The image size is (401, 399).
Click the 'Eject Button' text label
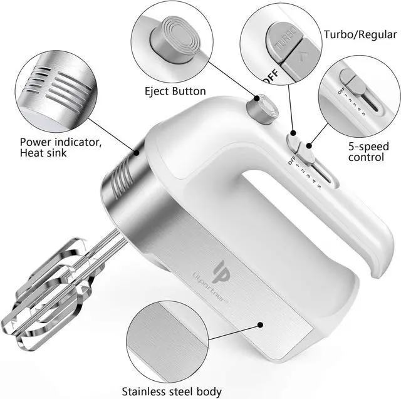pos(175,91)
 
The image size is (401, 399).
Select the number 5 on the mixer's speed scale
pos(319,186)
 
